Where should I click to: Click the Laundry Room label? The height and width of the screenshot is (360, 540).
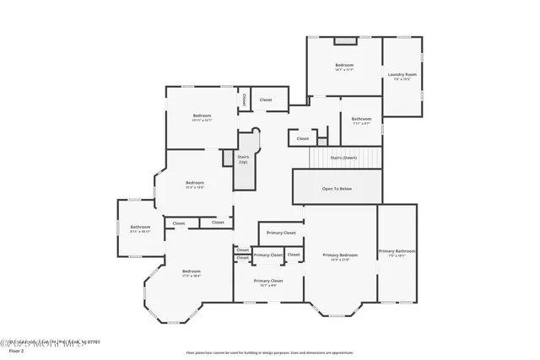[x=402, y=75]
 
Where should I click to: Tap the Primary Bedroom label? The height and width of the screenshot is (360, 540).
[x=340, y=254]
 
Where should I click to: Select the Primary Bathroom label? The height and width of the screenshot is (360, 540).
[x=397, y=250]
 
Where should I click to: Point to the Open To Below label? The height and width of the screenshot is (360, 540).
[x=337, y=188]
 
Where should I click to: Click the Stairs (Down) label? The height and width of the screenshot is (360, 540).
[x=343, y=158]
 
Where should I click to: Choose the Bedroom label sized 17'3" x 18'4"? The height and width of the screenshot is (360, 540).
[x=192, y=271]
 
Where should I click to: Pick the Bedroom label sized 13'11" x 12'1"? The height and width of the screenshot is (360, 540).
[x=202, y=116]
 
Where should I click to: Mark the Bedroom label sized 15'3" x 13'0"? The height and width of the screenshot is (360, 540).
[x=195, y=183]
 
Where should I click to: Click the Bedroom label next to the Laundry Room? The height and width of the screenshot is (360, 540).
[x=344, y=65]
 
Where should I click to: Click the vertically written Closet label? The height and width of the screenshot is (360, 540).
[x=244, y=99]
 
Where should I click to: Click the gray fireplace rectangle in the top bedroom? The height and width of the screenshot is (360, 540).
[x=345, y=40]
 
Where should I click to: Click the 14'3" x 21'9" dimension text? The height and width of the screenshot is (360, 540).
[x=340, y=259]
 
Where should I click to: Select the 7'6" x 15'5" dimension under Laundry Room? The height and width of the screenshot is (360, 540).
[x=402, y=80]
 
